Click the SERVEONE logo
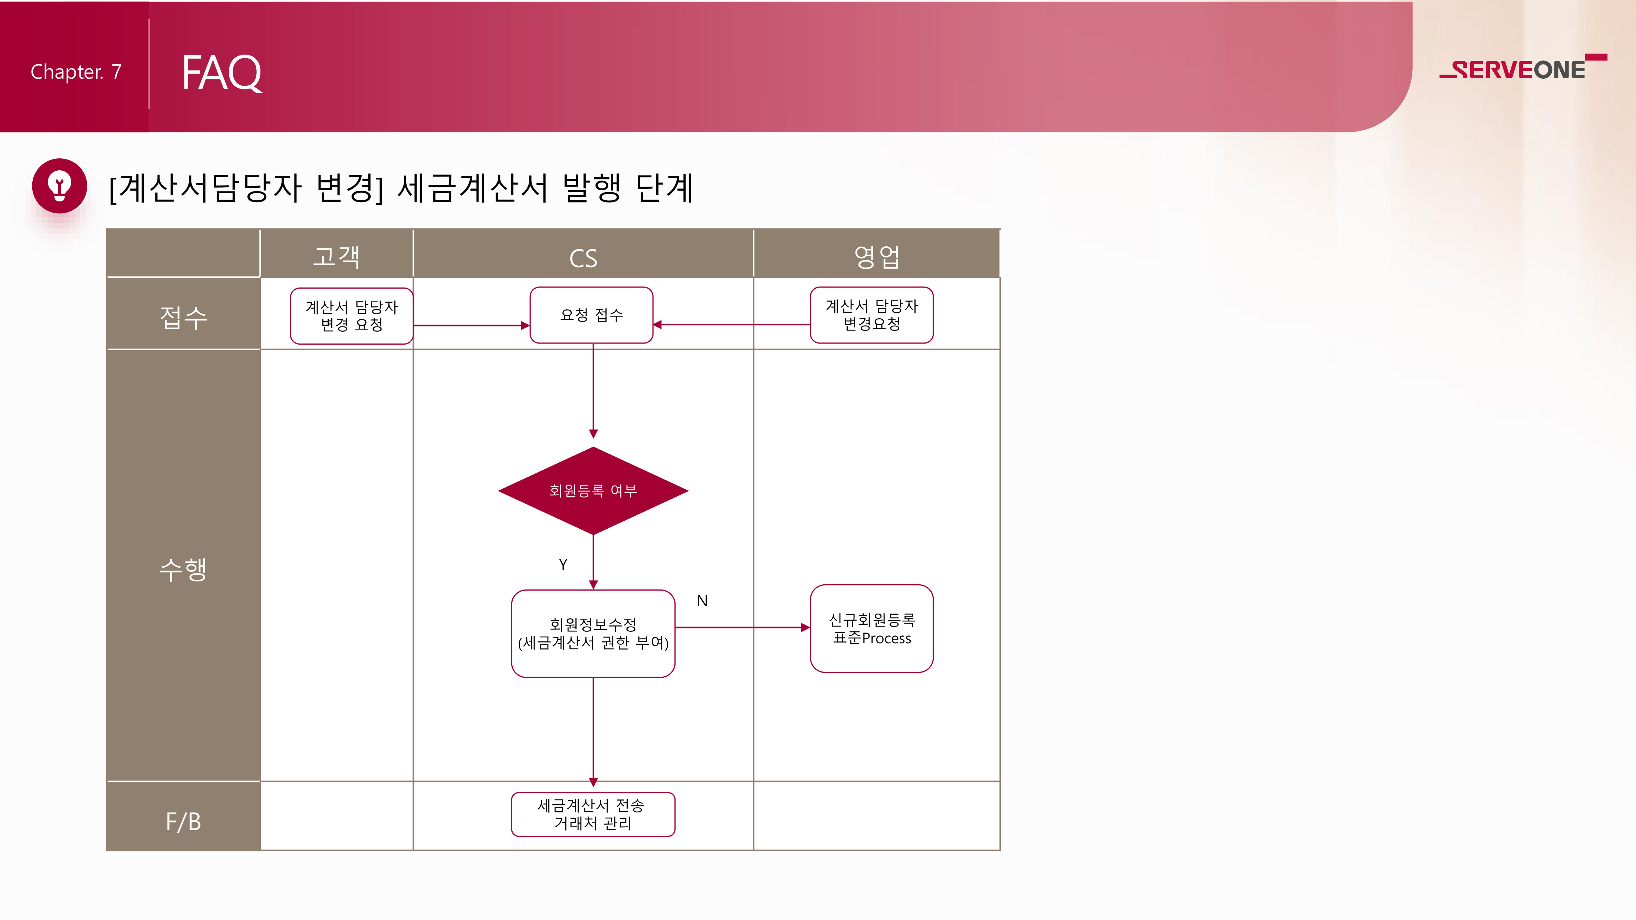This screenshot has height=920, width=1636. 1522,67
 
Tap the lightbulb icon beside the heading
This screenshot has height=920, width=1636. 60,185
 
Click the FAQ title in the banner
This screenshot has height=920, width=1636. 221,72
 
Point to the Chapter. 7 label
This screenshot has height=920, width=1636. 76,72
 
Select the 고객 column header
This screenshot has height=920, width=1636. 336,256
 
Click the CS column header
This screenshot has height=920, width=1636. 583,259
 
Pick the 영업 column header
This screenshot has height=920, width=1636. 876,256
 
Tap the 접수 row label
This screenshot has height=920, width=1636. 184,318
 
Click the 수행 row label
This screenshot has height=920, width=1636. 184,569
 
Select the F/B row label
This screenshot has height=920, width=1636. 184,822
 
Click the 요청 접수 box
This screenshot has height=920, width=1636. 591,315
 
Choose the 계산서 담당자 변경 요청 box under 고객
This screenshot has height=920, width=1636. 352,316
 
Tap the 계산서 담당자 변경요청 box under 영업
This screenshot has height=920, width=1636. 871,315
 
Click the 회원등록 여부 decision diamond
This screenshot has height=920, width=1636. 593,490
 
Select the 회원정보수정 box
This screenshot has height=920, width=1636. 593,634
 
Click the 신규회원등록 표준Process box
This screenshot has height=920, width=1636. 871,628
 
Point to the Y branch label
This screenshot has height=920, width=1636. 563,565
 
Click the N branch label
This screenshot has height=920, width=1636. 702,601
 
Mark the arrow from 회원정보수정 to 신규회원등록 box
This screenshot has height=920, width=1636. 742,627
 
